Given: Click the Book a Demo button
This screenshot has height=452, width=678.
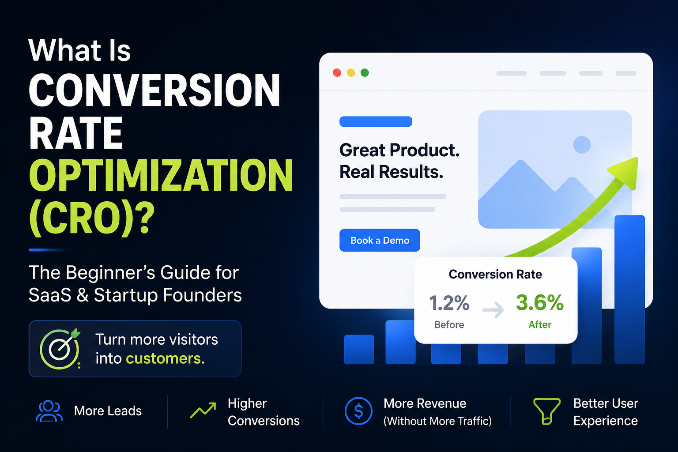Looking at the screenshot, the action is (380, 240).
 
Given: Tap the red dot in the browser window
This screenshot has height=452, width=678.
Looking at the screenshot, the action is (337, 73).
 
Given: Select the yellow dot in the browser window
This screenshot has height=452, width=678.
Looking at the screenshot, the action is (351, 73).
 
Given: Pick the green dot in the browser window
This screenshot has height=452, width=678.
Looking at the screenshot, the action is (365, 73).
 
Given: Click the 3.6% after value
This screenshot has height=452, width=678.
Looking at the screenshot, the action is (540, 302).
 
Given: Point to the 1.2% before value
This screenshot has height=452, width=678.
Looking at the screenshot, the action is (449, 303).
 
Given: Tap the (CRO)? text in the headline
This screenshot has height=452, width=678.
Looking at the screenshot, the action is (92, 218).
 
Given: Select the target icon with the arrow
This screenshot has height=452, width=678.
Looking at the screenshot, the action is (60, 349).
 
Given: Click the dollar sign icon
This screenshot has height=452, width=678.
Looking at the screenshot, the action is (358, 411).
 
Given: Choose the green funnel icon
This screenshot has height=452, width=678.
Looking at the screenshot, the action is (546, 411).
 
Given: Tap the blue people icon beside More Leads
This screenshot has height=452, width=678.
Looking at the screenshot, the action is (49, 411).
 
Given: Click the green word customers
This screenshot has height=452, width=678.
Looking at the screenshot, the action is (165, 358).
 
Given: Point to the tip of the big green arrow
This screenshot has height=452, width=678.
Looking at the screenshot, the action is (638, 158).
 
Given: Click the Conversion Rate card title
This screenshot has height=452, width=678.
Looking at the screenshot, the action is (495, 274).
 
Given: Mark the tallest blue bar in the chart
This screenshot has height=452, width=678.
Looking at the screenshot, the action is (629, 290).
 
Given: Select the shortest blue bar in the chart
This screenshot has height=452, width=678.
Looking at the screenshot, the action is (359, 349).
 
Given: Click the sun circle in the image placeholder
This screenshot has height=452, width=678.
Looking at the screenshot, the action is (582, 145).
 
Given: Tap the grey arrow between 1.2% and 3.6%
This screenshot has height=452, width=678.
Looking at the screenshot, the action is (493, 309).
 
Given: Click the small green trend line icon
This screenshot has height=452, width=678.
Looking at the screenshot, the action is (203, 411).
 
